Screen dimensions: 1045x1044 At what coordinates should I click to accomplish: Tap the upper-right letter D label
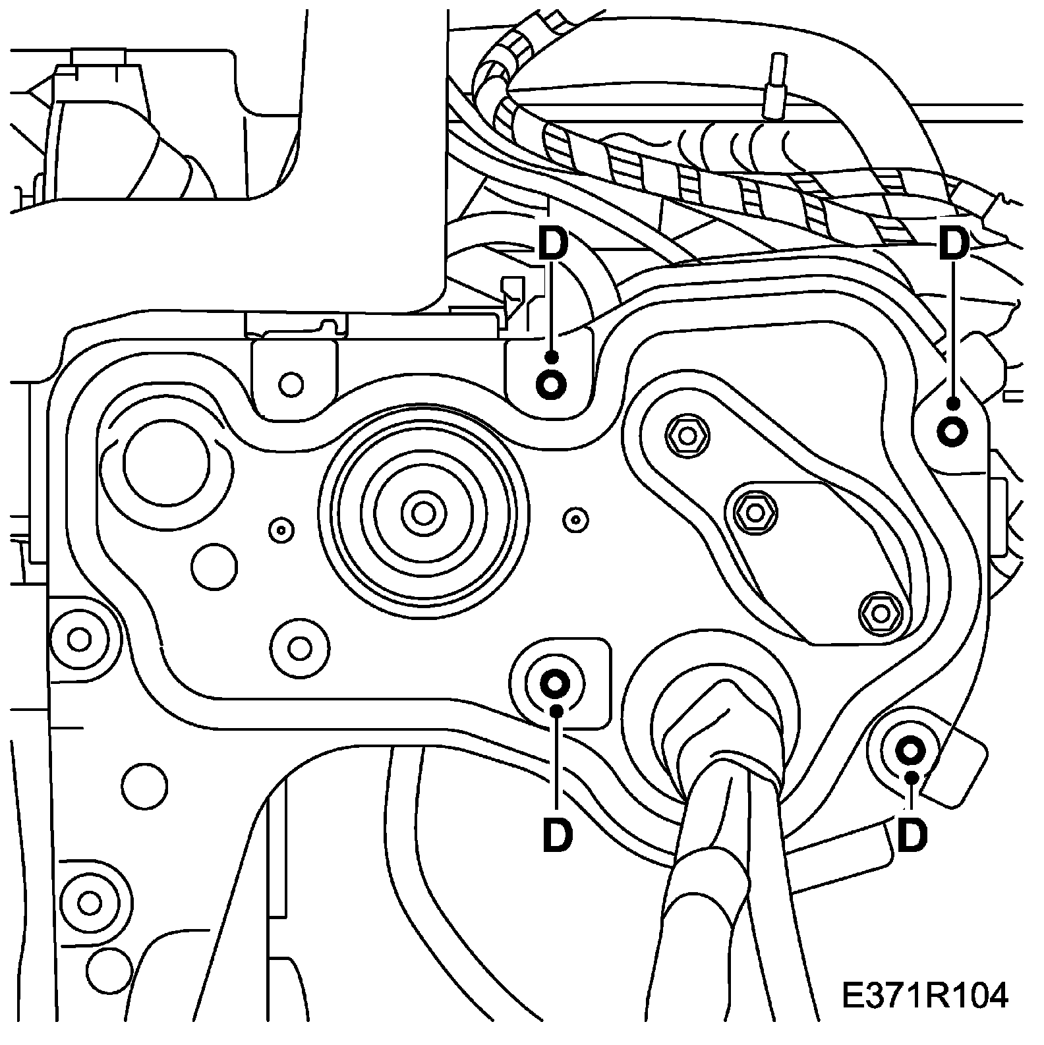[x=954, y=244]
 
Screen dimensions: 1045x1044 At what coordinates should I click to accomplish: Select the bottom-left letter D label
[x=558, y=835]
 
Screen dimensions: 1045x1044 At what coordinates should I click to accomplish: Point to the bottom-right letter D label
[x=913, y=835]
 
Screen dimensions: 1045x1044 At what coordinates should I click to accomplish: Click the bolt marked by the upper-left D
[x=551, y=384]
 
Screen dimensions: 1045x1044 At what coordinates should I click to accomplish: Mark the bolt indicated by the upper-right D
[x=952, y=432]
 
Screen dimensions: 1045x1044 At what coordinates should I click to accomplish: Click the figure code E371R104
[x=925, y=996]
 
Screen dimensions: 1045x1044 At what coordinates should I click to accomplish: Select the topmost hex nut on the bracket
[x=687, y=436]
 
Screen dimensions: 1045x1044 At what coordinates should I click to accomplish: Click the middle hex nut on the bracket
[x=755, y=509]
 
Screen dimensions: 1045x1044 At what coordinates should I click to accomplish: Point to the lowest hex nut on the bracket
[x=881, y=613]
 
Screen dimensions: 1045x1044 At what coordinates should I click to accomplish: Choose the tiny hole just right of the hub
[x=576, y=519]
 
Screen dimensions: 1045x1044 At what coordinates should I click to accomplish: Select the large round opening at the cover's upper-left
[x=165, y=459]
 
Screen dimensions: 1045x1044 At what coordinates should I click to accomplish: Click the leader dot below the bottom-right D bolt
[x=912, y=777]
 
